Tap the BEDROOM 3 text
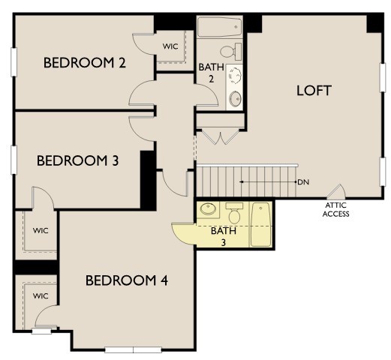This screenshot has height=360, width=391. click(77, 160)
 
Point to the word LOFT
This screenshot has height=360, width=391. click(314, 90)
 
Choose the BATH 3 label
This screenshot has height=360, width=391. click(222, 235)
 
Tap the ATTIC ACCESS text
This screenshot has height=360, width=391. click(336, 209)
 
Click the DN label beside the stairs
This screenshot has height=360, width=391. click(303, 182)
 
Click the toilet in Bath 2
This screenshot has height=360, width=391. click(237, 51)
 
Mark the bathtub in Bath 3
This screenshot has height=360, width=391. click(260, 223)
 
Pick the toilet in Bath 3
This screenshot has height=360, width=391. click(234, 215)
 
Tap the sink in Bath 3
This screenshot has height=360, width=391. click(207, 210)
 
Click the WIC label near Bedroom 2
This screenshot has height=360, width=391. click(170, 46)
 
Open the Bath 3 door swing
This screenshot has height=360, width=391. click(183, 234)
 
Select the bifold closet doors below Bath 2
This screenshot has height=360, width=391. click(220, 136)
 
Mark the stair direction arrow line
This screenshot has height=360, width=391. click(267, 182)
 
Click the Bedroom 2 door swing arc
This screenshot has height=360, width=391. click(140, 93)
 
